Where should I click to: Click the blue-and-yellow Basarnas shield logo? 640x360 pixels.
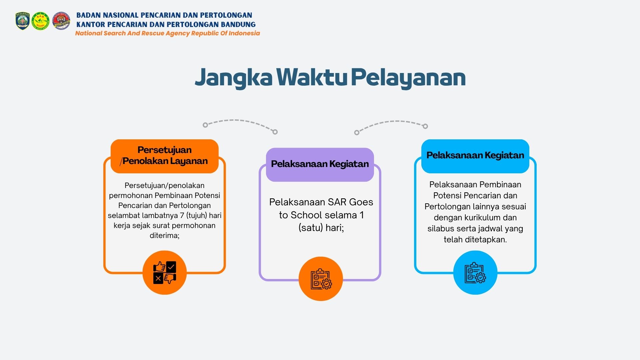pos(23,21)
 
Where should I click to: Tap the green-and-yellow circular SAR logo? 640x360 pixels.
pos(41,21)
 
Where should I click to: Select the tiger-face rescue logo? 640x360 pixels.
pos(61,21)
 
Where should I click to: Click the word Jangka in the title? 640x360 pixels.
pos(234,78)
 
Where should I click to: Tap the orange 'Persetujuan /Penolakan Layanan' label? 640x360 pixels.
pos(165,156)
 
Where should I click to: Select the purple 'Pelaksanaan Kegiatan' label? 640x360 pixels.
pos(320,165)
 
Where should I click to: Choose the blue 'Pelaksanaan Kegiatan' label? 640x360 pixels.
pos(475,156)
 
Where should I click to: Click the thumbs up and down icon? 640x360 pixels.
pos(165,273)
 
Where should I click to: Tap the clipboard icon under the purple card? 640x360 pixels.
pos(321,279)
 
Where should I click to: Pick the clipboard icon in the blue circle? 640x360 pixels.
pos(475,273)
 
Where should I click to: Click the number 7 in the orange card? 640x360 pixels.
pos(182,215)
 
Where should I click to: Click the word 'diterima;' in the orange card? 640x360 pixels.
pos(165,235)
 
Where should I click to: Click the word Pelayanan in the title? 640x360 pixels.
pos(408,78)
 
